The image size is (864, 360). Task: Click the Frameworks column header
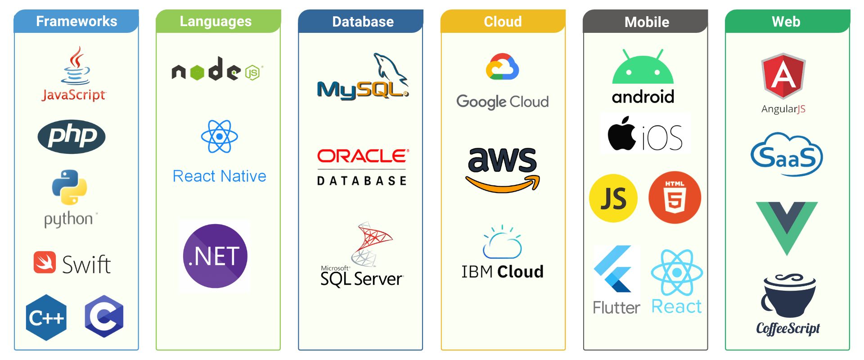click(76, 21)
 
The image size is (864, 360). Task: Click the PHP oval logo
click(72, 136)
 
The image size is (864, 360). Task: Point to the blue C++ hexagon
click(46, 318)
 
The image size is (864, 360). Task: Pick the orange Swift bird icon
click(45, 262)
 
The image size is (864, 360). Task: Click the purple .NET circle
click(215, 256)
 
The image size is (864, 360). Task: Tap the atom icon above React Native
click(220, 136)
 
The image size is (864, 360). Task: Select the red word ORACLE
click(363, 156)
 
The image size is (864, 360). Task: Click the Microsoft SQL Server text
click(362, 276)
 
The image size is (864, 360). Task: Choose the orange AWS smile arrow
click(503, 184)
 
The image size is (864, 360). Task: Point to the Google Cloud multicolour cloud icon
click(502, 67)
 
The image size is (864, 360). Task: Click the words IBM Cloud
click(503, 272)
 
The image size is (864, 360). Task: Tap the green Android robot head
click(643, 67)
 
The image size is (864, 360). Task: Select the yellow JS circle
click(613, 198)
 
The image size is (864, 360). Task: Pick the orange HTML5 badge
click(675, 198)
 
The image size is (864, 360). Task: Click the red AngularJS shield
click(783, 76)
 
